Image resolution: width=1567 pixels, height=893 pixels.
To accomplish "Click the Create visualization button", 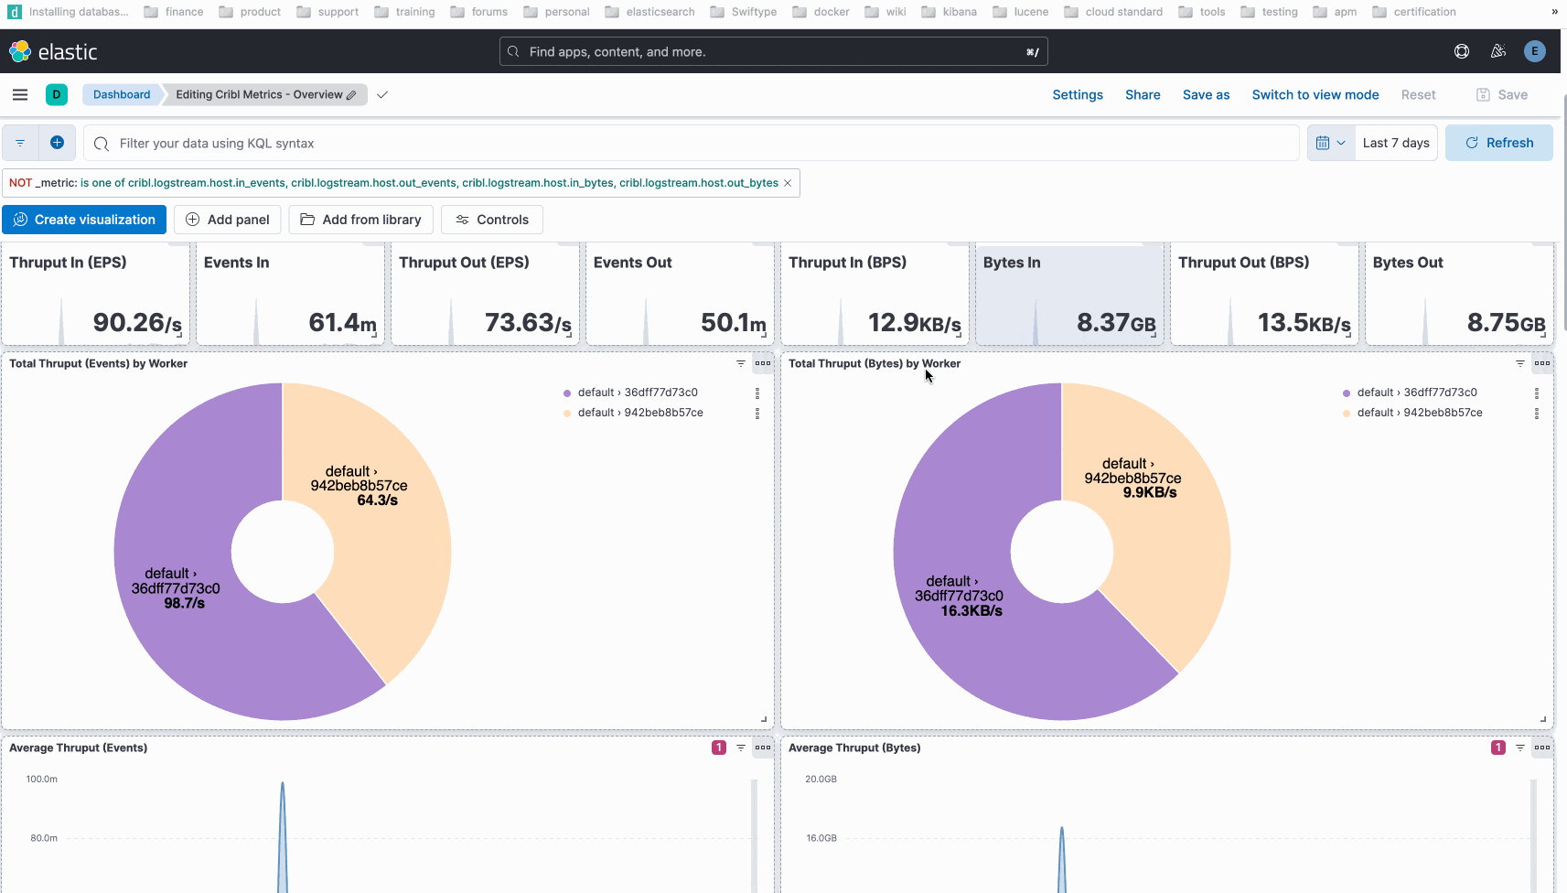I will [84, 220].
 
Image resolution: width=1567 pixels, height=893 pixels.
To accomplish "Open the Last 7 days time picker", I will [1395, 143].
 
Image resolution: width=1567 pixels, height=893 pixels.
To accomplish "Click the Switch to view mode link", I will [1315, 95].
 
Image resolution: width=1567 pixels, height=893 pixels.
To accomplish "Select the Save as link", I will [1206, 95].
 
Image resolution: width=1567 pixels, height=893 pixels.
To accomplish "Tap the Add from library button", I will [360, 220].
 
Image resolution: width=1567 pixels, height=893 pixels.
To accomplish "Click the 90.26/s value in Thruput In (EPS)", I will [137, 323].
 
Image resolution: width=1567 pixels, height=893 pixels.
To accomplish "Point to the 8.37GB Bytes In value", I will [1115, 323].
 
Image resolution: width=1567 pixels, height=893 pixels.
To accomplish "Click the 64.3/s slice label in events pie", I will [377, 500].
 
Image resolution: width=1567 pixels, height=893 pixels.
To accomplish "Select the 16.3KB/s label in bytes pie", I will [971, 611].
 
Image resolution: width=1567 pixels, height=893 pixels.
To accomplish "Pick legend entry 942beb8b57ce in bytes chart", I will [1419, 413].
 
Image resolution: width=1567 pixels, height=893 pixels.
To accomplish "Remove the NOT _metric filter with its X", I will [788, 183].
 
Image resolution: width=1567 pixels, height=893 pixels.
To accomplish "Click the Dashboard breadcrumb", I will [122, 95].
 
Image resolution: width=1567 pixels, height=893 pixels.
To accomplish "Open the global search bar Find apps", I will [773, 52].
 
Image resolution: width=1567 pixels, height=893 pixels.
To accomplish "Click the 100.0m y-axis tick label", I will [42, 780].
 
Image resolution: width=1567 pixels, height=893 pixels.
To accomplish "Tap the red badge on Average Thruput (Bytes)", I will [1497, 748].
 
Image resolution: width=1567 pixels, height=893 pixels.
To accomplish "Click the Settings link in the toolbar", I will [1077, 95].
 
